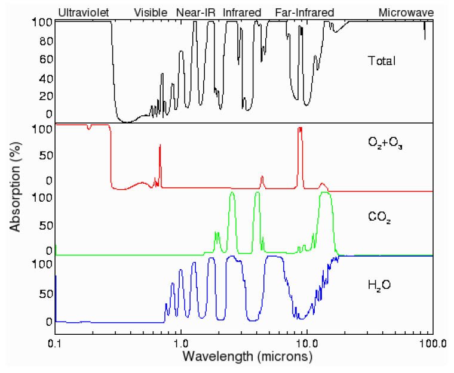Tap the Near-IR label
point(196,12)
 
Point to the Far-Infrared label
point(304,12)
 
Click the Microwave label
point(406,12)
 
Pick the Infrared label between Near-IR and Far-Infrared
point(242,12)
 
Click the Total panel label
point(382,61)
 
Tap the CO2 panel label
point(379,217)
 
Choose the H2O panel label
point(380,285)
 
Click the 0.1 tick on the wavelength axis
point(55,344)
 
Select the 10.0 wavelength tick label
point(306,344)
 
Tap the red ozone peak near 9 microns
point(300,130)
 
